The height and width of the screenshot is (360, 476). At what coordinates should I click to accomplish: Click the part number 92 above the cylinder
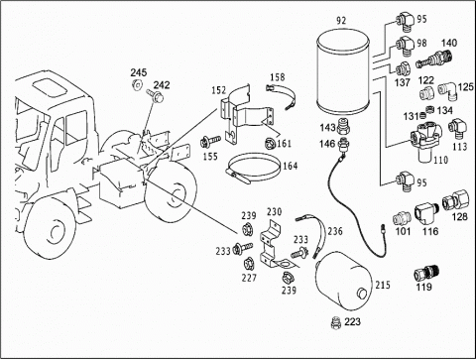click(341, 21)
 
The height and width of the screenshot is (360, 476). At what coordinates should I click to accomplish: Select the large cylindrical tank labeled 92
click(343, 71)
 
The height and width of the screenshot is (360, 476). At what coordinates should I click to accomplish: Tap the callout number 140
click(449, 43)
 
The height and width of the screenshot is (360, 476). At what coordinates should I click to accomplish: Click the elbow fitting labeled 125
click(447, 90)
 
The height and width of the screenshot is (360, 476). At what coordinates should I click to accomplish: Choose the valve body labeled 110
click(425, 141)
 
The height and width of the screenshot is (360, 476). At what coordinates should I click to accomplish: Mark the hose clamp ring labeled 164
click(254, 168)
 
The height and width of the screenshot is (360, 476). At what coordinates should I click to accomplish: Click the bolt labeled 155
click(210, 141)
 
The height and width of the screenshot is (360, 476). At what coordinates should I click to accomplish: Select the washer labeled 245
click(136, 84)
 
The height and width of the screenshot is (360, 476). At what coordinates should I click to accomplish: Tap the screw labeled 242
click(154, 95)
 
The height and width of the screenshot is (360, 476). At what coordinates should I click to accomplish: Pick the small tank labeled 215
click(344, 282)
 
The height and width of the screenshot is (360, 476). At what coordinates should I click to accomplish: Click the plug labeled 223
click(336, 322)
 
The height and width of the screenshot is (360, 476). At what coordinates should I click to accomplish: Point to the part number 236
click(335, 231)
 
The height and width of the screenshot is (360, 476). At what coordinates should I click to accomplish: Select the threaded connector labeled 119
click(426, 273)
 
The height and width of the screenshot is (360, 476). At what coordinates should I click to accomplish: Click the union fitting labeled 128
click(455, 200)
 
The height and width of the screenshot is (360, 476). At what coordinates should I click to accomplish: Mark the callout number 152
click(219, 90)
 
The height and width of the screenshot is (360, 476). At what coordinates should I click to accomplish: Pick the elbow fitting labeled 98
click(405, 46)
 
